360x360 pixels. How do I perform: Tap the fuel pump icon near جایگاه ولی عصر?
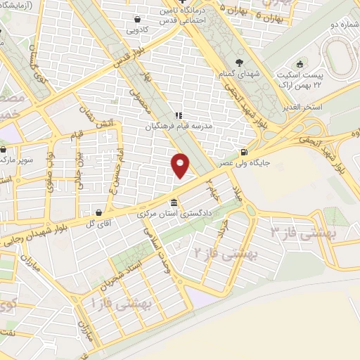point(244,153)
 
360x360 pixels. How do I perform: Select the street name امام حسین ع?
point(122,161)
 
